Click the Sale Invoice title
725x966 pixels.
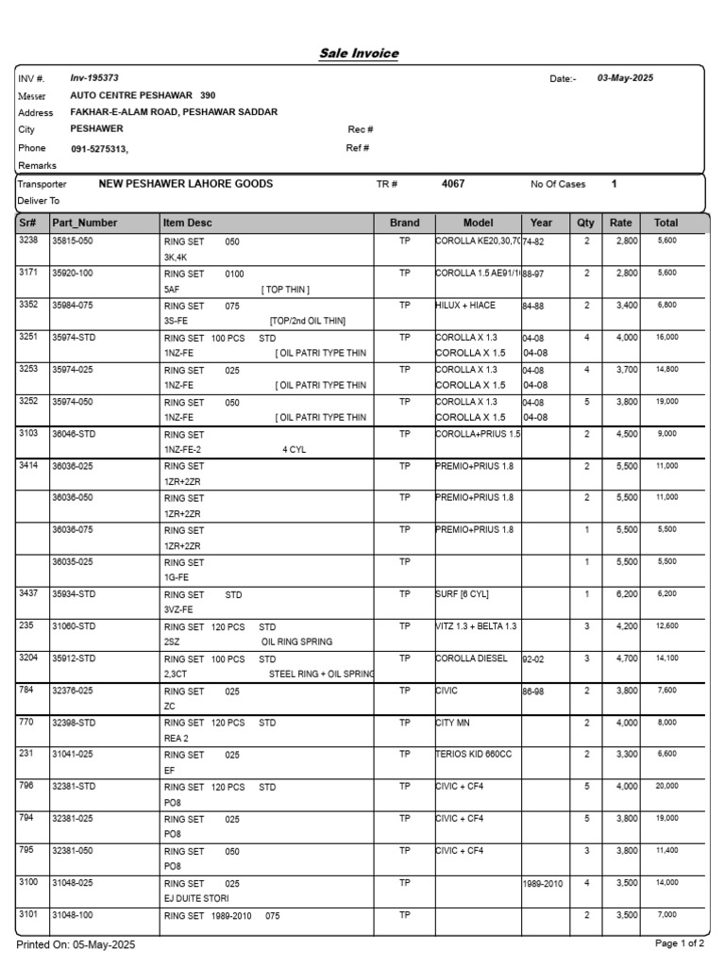[x=359, y=54]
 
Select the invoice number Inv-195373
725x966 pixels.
[x=94, y=78]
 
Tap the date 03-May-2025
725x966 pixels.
[x=625, y=78]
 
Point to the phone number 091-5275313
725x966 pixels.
[x=99, y=149]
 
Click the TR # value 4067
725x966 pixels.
[x=453, y=184]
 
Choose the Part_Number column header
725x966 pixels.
[x=85, y=223]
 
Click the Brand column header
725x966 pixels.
[x=404, y=223]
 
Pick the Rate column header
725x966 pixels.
[x=620, y=223]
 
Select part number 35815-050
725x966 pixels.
[x=73, y=241]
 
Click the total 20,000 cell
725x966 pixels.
[x=667, y=787]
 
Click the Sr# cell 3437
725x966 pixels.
[x=28, y=594]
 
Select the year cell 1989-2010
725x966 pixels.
[x=542, y=883]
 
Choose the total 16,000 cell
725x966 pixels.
[x=667, y=338]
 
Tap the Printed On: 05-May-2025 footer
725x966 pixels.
[x=76, y=944]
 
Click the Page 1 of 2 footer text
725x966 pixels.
[x=679, y=943]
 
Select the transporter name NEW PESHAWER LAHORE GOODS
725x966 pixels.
[x=185, y=184]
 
